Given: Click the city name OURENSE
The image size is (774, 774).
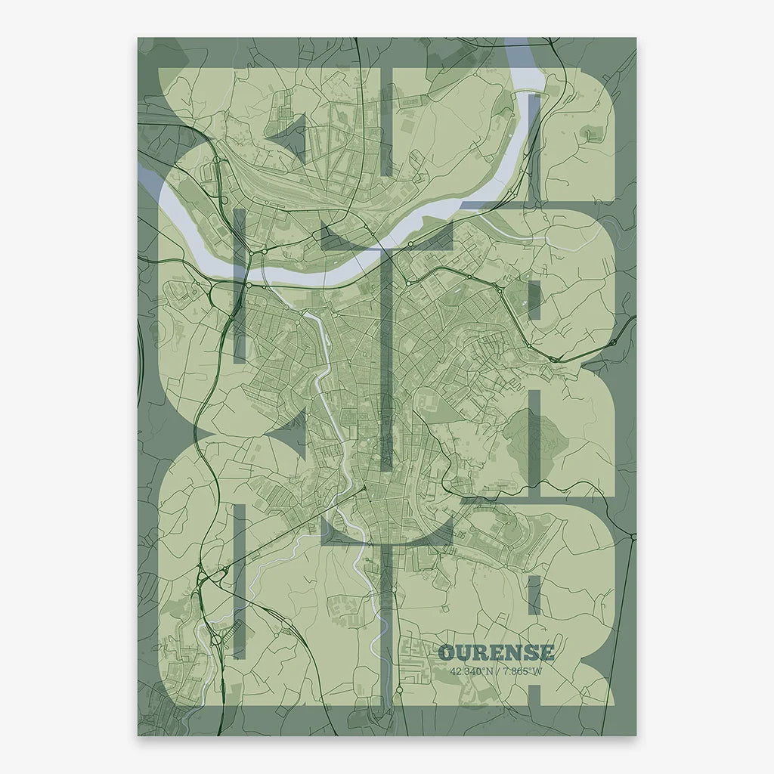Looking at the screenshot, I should pos(496,652).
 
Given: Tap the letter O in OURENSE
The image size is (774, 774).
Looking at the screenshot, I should pos(447,652).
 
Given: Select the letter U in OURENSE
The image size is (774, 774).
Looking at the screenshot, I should pos(463,652).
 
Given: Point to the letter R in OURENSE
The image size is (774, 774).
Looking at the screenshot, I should pos(481,652).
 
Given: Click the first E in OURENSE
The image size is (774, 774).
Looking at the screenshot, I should pos(497,652).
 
